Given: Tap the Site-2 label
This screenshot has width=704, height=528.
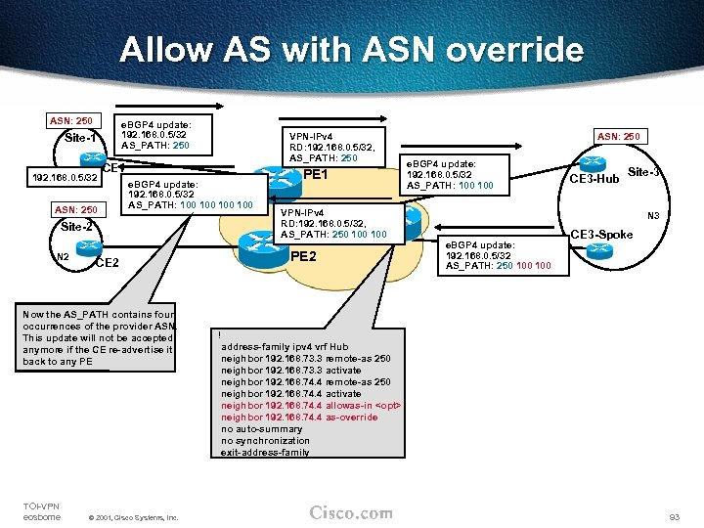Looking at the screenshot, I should [x=76, y=227].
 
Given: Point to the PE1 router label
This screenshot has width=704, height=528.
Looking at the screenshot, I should [x=315, y=174].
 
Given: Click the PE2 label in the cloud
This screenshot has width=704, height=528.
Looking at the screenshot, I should [x=304, y=256].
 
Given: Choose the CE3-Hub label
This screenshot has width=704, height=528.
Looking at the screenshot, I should [x=594, y=178].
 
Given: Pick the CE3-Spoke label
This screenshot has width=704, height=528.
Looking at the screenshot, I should [x=602, y=235].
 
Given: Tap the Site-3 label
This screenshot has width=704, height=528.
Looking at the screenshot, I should [x=643, y=172].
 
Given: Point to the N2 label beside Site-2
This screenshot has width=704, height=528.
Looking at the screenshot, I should [x=62, y=257].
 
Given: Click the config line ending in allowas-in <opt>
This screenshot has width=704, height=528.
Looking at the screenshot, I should [x=312, y=406].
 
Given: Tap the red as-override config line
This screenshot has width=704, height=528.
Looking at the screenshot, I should [x=299, y=418].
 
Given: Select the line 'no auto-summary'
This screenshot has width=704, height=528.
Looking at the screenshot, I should [x=261, y=429].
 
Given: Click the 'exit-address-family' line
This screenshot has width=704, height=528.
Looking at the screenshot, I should [x=265, y=453].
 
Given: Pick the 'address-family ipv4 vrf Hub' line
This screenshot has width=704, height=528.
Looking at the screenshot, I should [x=285, y=347].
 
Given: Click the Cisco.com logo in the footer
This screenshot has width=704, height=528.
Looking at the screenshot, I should [x=351, y=513].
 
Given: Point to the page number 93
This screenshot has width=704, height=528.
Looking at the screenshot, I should [x=673, y=515].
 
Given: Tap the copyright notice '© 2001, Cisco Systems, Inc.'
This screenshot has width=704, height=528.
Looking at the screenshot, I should [x=133, y=517].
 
